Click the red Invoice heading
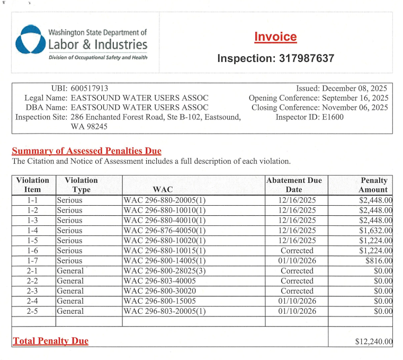(x=275, y=37)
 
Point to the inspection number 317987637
(x=307, y=58)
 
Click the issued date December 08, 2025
(x=355, y=89)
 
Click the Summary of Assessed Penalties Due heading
(x=86, y=151)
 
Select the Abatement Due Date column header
(x=294, y=185)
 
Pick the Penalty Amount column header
(x=373, y=185)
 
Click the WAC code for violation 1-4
(x=164, y=231)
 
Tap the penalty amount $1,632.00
(x=375, y=231)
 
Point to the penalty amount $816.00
(x=378, y=261)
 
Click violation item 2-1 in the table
(x=33, y=271)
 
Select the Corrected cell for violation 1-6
(x=297, y=251)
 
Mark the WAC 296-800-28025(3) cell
(x=165, y=271)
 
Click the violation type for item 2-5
(x=70, y=311)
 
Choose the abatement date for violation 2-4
(x=297, y=301)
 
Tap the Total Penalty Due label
(x=50, y=341)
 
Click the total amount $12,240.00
(x=373, y=342)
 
